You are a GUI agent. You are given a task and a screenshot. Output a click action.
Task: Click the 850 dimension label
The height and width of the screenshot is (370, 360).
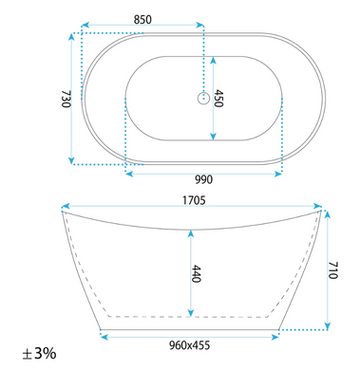(x=142, y=20)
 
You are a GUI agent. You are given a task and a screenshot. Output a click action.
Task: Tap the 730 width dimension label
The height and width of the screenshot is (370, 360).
(x=66, y=99)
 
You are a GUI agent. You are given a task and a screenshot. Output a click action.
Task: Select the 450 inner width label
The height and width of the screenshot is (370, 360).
(x=219, y=99)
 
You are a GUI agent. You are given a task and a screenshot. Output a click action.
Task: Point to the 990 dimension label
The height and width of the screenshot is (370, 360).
(x=203, y=179)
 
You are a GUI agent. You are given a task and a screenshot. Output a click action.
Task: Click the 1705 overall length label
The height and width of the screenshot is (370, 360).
(x=194, y=200)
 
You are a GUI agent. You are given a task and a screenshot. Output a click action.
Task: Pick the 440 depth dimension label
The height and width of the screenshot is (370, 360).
(x=197, y=274)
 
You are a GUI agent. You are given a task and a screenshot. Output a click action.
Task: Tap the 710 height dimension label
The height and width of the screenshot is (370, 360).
(x=333, y=270)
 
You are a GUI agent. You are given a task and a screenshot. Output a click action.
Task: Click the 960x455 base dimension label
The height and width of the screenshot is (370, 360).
(x=189, y=345)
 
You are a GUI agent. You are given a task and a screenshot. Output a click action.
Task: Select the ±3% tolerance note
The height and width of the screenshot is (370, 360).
(x=39, y=353)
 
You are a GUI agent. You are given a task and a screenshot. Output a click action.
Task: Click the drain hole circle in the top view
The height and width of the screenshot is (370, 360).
(x=203, y=99)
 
